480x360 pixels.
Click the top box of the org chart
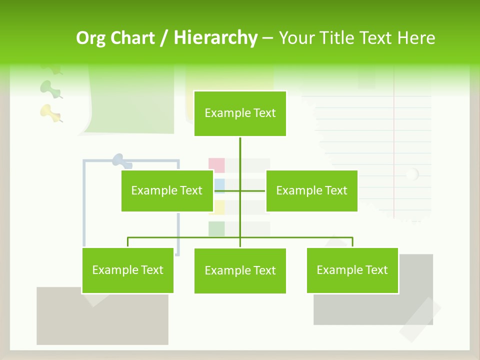(240, 113)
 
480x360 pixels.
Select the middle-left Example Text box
(167, 190)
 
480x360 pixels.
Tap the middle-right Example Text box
(311, 190)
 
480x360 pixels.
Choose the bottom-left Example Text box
(128, 270)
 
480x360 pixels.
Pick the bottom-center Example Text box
(240, 271)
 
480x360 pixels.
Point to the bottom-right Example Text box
(352, 270)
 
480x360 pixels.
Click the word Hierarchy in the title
(215, 38)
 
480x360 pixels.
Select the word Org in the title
(91, 38)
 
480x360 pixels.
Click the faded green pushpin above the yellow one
(50, 88)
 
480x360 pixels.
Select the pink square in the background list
(216, 165)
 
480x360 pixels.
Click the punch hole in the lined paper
(412, 174)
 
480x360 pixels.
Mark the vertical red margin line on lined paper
(394, 150)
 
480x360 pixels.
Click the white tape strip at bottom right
(420, 319)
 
